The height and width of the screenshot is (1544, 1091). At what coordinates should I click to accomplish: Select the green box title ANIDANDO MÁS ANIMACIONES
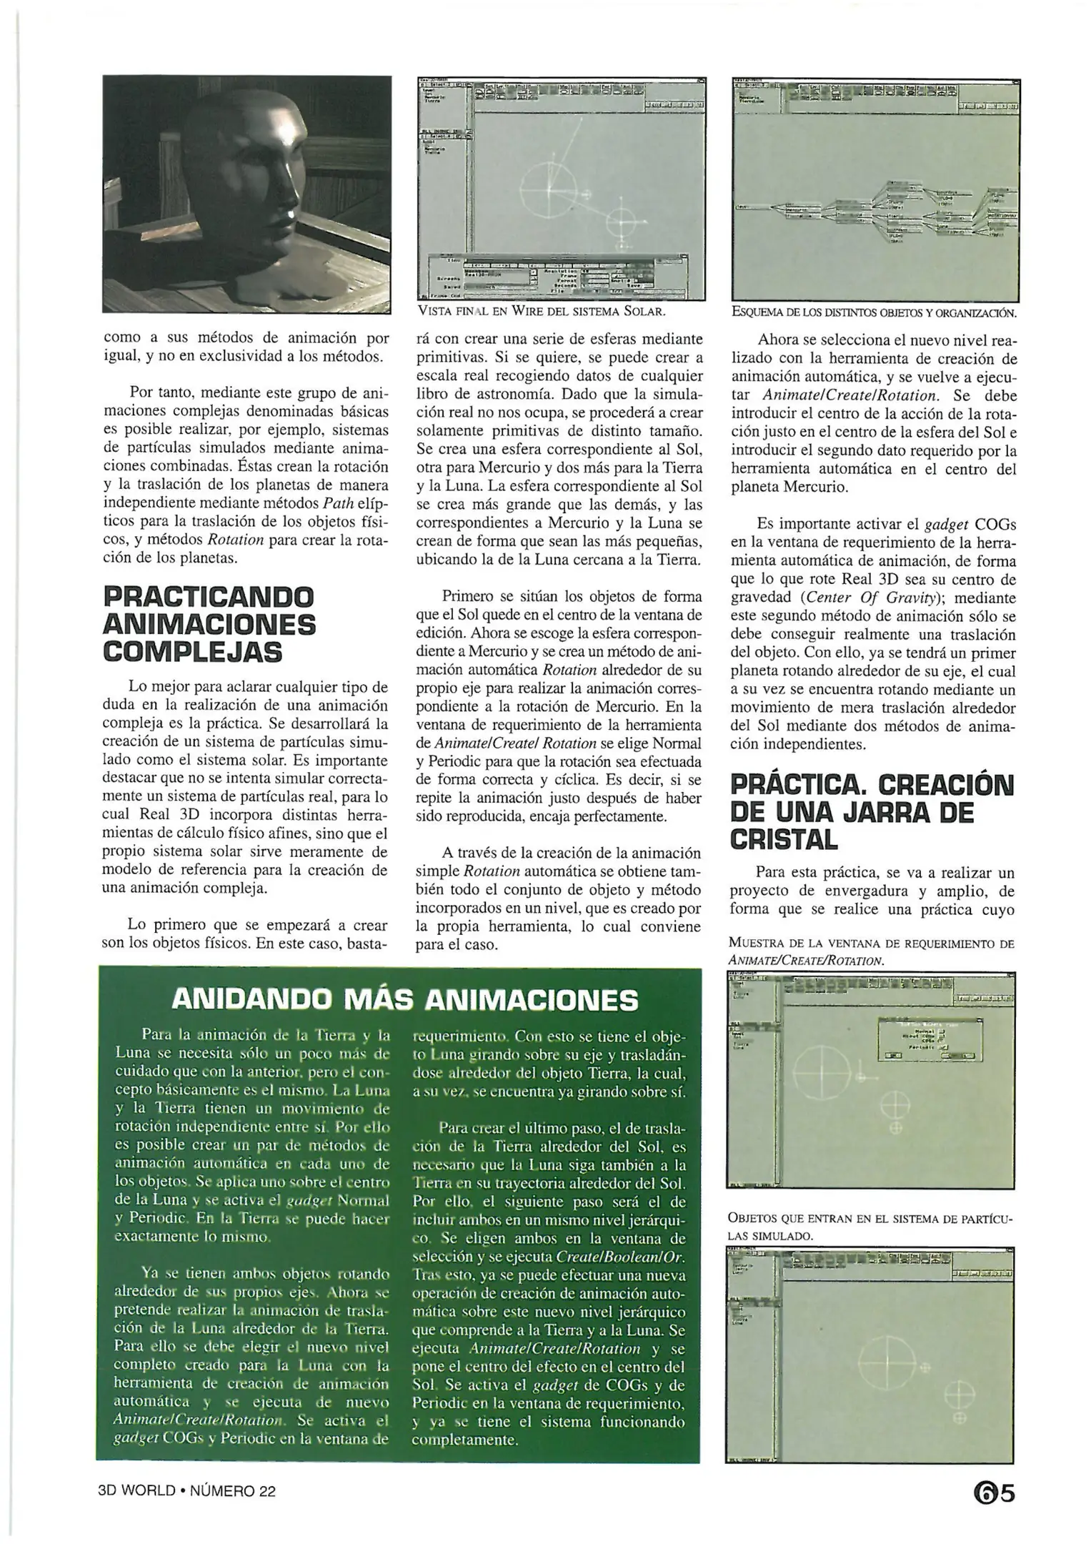[x=404, y=1000]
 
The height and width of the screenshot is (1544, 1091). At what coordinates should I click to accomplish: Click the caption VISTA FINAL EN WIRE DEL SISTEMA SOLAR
[x=541, y=311]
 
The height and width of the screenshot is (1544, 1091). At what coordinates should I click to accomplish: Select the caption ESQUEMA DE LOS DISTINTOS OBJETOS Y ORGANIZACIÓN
[x=875, y=312]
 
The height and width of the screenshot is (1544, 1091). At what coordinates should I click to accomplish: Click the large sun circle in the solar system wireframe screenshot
[x=548, y=188]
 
